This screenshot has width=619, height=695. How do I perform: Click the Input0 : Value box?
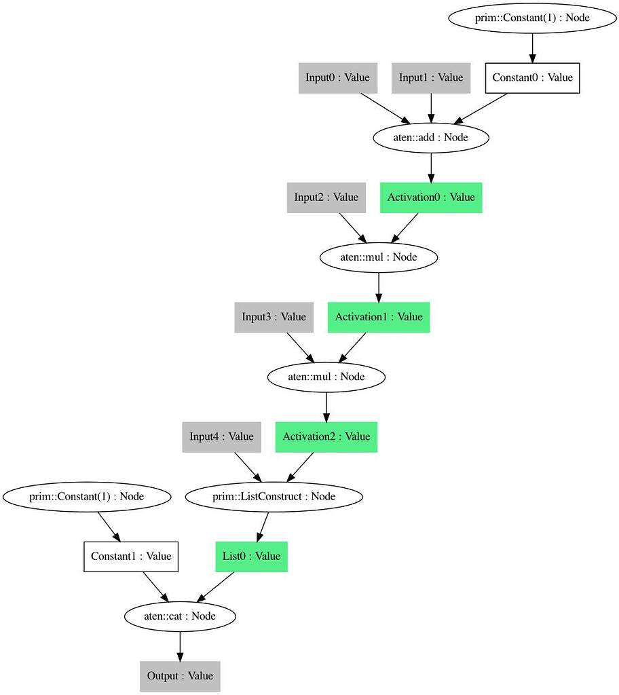(x=337, y=77)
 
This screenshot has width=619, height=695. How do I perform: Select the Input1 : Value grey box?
(x=431, y=77)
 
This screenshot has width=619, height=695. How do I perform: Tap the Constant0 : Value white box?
(x=532, y=77)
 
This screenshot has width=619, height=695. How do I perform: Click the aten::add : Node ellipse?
(x=431, y=137)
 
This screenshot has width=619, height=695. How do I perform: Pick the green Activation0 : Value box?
(x=431, y=198)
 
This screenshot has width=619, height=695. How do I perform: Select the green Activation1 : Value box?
(x=379, y=317)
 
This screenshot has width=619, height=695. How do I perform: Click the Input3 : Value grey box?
(x=274, y=317)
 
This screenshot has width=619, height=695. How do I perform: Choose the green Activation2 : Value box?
(x=326, y=436)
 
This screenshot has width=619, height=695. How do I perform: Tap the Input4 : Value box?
(x=221, y=436)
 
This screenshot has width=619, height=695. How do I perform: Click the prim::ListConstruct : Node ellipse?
(x=274, y=497)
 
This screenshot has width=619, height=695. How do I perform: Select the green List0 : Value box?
(x=251, y=557)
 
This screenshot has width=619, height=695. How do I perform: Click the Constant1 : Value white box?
(x=131, y=557)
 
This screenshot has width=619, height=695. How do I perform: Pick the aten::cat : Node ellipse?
(x=180, y=616)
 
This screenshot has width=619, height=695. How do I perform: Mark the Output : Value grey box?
(x=180, y=676)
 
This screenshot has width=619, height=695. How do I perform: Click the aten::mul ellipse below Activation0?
(x=379, y=257)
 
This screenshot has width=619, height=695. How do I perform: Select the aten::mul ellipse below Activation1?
(x=326, y=377)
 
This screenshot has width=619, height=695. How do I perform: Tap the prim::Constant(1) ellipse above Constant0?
(x=532, y=18)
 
